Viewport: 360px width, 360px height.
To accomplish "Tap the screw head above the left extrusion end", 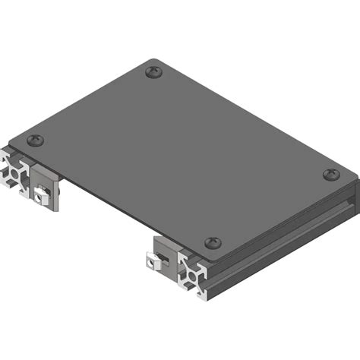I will (x=35, y=141).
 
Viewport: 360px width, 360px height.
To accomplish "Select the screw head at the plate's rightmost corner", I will (x=330, y=175).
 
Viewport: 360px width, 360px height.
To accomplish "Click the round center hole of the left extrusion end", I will (x=14, y=172).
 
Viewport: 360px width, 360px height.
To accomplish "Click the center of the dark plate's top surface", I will (x=182, y=156).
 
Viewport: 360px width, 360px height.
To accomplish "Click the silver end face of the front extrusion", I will (x=195, y=276).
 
